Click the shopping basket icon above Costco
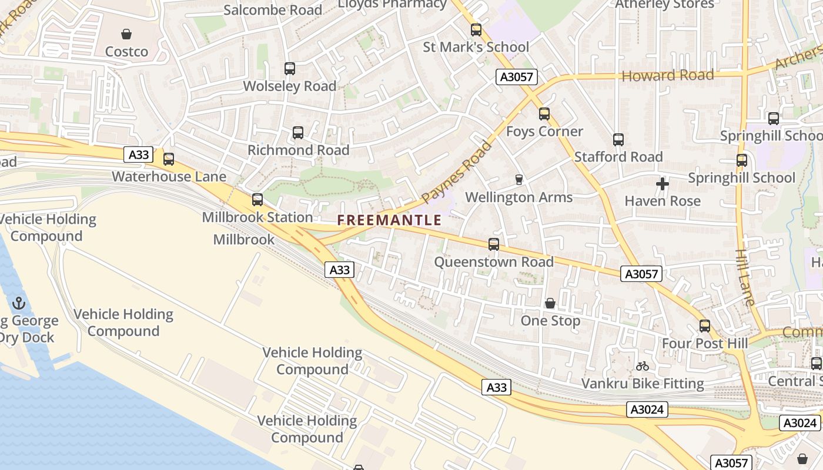[x=126, y=34]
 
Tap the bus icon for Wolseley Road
[x=290, y=69]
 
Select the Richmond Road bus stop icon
[x=298, y=133]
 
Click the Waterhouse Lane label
[x=169, y=176]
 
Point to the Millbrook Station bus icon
[x=257, y=200]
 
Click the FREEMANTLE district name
[x=389, y=220]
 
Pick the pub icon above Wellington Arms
[x=518, y=179]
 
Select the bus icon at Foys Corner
[x=544, y=114]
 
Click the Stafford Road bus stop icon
[x=618, y=140]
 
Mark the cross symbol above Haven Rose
[x=663, y=184]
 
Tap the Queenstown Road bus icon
[x=494, y=244]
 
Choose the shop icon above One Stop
[x=550, y=303]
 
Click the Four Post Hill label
[x=705, y=343]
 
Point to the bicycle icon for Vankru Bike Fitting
[x=643, y=366]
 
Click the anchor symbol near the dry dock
[x=19, y=304]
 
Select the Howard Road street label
[x=668, y=75]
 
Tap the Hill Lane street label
[x=745, y=278]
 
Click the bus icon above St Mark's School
[x=476, y=29]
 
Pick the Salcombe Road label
[x=273, y=10]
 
